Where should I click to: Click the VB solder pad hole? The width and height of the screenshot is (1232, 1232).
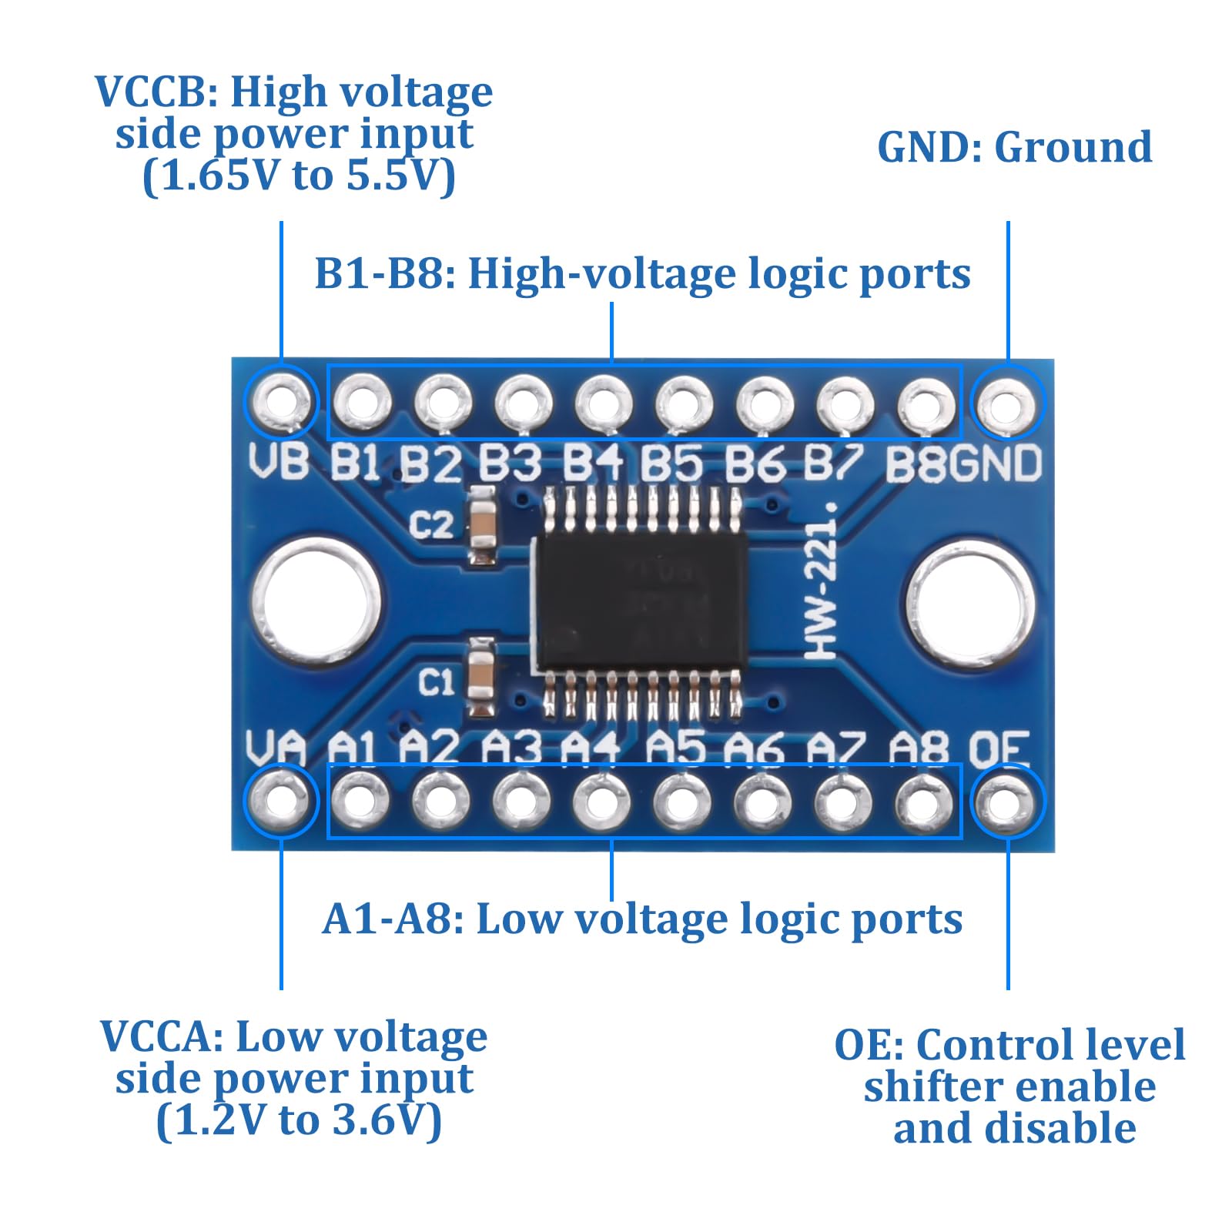(x=282, y=402)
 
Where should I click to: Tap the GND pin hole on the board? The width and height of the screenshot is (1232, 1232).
(x=1006, y=403)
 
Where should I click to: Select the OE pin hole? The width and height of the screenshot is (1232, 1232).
(x=1006, y=802)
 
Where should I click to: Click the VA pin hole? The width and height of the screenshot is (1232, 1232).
(x=280, y=801)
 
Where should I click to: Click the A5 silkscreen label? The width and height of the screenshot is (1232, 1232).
(x=675, y=748)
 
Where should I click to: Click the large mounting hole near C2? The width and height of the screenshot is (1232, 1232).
(x=316, y=601)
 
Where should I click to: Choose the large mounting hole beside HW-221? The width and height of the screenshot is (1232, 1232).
(x=971, y=602)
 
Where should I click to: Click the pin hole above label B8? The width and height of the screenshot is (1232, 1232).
(x=926, y=405)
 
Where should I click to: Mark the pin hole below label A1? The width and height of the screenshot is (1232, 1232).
(x=360, y=801)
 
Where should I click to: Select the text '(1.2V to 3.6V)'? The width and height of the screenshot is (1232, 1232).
(x=300, y=1120)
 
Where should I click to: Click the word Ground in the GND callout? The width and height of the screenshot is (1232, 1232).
(x=1073, y=147)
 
